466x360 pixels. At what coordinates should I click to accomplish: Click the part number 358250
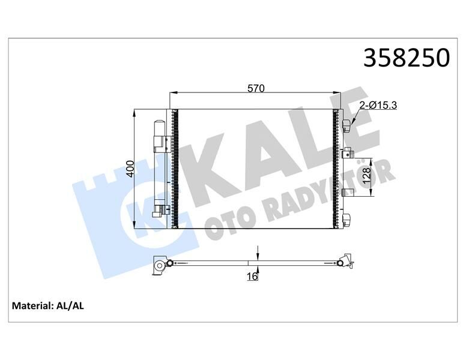[x=407, y=59]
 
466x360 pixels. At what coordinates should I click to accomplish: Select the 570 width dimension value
[x=256, y=88]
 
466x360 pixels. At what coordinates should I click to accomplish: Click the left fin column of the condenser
[x=175, y=169]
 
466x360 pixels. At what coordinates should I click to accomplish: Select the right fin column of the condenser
[x=335, y=169]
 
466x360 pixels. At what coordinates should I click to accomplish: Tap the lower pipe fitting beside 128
[x=346, y=192]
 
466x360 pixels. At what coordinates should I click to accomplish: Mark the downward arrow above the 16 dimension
[x=257, y=252]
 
